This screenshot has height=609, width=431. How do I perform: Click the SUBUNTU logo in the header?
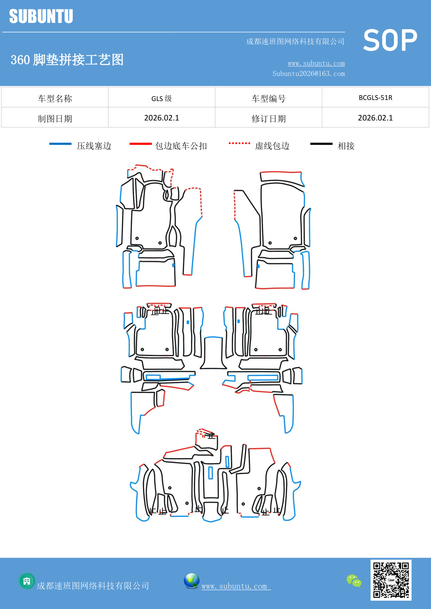[41, 16]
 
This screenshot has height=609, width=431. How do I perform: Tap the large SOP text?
[390, 40]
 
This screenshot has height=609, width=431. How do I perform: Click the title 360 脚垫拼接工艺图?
[67, 60]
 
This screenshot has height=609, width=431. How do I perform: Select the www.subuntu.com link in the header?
[316, 63]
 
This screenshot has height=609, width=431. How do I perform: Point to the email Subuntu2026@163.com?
[308, 74]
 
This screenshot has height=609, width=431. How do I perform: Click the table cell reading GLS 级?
[161, 98]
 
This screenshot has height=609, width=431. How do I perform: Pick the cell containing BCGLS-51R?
[375, 98]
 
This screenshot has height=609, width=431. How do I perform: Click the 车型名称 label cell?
[55, 99]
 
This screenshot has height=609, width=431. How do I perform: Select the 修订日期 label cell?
[268, 119]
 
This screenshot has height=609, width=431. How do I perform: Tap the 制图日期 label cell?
[55, 119]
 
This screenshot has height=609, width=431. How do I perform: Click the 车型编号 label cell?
[268, 99]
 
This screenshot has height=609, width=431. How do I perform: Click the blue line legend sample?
[60, 144]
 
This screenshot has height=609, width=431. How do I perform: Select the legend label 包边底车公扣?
[181, 146]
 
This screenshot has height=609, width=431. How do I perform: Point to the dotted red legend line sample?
[239, 143]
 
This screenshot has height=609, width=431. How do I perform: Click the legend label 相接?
[346, 146]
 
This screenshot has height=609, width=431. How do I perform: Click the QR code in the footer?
[391, 580]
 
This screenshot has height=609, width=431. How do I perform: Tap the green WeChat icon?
[354, 581]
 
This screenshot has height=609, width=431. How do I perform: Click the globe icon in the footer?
[191, 581]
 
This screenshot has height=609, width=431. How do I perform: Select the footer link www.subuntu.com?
[234, 586]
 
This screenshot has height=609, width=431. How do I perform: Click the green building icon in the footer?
[27, 581]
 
